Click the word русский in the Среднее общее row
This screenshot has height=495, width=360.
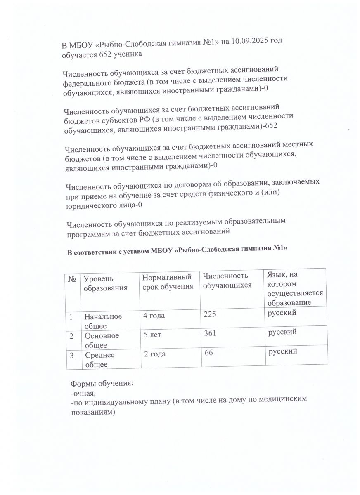(x=283, y=352)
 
